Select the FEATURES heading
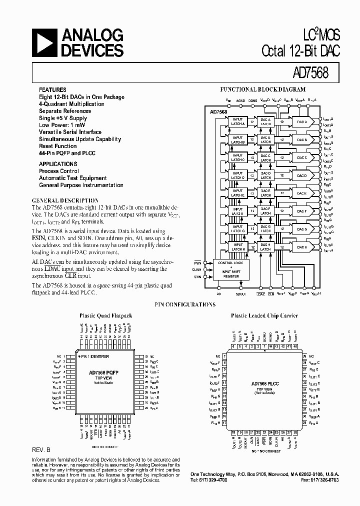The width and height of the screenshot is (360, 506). click(52, 90)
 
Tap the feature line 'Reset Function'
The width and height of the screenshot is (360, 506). click(58, 146)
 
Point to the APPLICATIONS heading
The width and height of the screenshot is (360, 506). click(58, 164)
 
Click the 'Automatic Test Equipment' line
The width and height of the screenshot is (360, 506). click(73, 178)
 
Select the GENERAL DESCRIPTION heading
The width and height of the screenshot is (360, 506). click(65, 200)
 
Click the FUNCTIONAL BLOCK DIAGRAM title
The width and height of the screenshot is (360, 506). click(263, 89)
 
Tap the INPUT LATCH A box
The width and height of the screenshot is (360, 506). click(237, 122)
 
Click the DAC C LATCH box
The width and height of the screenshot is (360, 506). click(265, 158)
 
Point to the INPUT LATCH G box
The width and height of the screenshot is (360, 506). click(237, 229)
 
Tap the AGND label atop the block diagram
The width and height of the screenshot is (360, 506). click(240, 100)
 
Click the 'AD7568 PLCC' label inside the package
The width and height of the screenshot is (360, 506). click(264, 383)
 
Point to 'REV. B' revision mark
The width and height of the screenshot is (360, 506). click(41, 449)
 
